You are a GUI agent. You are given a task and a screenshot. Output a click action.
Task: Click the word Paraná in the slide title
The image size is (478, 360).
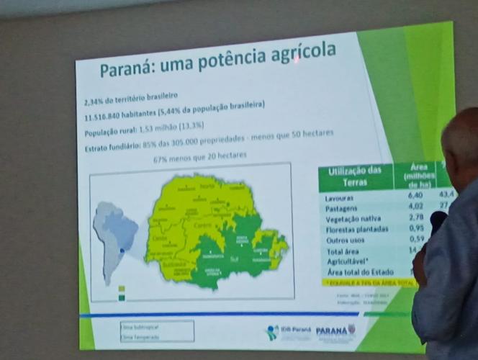tap(126, 69)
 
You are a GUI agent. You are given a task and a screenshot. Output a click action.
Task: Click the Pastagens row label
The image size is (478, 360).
tap(343, 208)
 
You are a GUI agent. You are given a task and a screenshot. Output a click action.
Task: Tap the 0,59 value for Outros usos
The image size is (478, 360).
tap(415, 238)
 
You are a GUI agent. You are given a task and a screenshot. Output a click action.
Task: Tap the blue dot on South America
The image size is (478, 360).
tap(122, 251)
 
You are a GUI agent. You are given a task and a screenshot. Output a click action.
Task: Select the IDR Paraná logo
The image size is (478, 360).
tap(287, 332)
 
